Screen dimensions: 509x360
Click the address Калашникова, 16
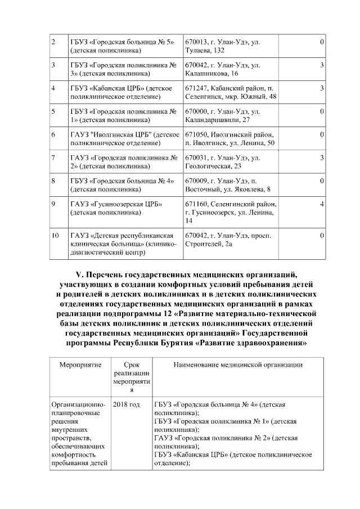coord(211,73)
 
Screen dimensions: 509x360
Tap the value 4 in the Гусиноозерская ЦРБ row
coord(322,204)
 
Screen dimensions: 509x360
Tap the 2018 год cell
coord(127,404)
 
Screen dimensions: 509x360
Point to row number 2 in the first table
coord(53,42)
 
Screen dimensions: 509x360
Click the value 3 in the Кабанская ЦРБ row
coord(322,88)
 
